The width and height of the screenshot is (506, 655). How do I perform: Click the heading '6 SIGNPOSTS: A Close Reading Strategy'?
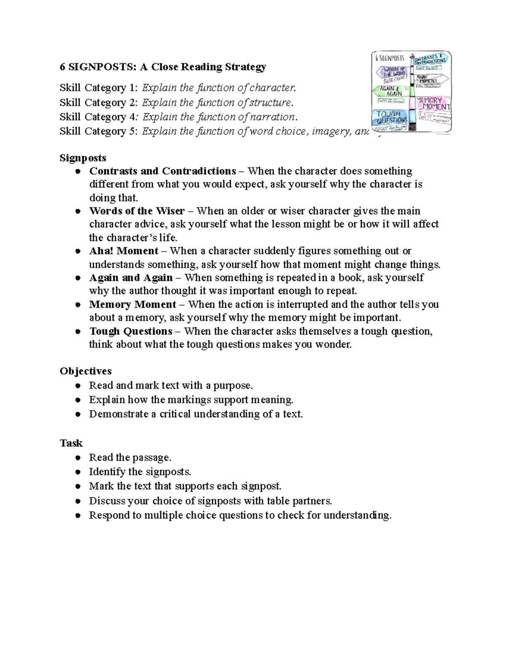pyautogui.click(x=163, y=67)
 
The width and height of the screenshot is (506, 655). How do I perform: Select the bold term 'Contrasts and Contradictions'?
pyautogui.click(x=162, y=171)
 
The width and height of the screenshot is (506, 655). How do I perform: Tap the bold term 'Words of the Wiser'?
pyautogui.click(x=137, y=211)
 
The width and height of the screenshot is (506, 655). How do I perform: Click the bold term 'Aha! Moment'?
pyautogui.click(x=124, y=251)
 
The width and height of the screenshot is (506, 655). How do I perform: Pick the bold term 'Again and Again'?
pyautogui.click(x=131, y=278)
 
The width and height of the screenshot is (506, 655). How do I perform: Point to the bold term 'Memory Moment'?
pyautogui.click(x=132, y=305)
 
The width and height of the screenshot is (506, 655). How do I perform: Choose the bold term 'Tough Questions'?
pyautogui.click(x=131, y=331)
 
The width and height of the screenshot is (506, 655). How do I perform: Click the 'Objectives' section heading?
pyautogui.click(x=86, y=371)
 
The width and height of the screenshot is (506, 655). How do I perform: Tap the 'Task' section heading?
pyautogui.click(x=71, y=443)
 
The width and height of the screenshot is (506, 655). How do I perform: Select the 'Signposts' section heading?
pyautogui.click(x=83, y=158)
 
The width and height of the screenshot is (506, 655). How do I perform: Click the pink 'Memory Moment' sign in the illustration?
pyautogui.click(x=433, y=103)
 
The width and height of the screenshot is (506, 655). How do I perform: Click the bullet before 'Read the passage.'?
pyautogui.click(x=78, y=458)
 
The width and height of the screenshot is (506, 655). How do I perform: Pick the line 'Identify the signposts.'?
pyautogui.click(x=140, y=472)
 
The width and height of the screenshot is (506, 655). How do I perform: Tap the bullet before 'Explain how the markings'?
pyautogui.click(x=78, y=400)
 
